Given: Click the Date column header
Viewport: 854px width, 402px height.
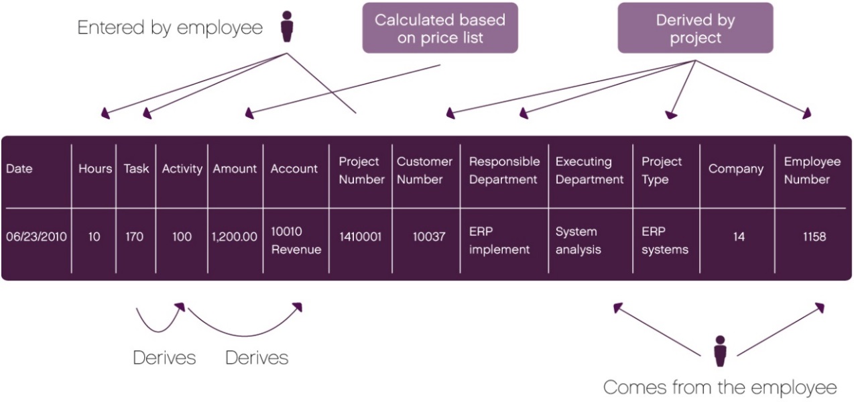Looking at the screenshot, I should [x=19, y=169].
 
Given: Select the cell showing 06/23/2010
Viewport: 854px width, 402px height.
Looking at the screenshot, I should [x=36, y=237].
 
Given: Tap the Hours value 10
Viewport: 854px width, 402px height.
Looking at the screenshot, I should [x=94, y=237].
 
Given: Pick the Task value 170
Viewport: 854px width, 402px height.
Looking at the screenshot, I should [x=135, y=237].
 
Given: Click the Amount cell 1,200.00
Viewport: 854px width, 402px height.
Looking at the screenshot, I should [x=235, y=237].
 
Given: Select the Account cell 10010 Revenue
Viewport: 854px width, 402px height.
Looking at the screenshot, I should [x=296, y=240].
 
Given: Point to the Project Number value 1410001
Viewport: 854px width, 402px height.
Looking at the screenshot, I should [x=361, y=237].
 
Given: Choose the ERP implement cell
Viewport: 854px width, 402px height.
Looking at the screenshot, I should [x=499, y=240].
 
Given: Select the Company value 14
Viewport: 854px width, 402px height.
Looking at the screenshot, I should [x=738, y=237].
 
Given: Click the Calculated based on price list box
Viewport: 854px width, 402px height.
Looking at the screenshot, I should [x=440, y=29].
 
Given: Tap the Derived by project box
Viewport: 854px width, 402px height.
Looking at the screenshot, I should [x=695, y=29].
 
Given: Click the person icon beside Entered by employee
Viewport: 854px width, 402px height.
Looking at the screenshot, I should [x=287, y=26].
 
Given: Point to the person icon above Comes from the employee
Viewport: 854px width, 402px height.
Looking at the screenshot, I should [x=720, y=351].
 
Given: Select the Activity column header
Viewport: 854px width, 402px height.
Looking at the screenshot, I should [x=182, y=169].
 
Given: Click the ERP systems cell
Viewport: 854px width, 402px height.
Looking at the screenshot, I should [x=665, y=240].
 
